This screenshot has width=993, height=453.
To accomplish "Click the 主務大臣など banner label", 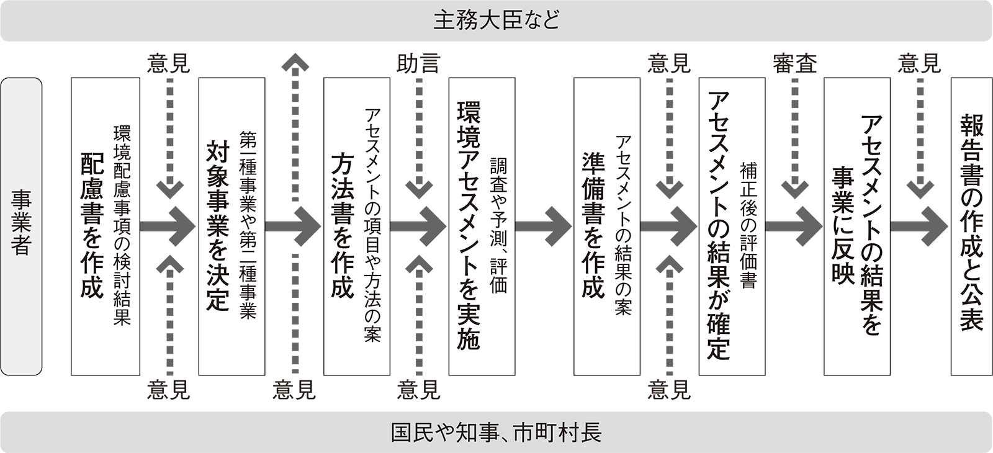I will [496, 20].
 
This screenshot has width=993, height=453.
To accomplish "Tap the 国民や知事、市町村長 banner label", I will [496, 432].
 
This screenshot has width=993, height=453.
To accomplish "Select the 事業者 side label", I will [21, 226].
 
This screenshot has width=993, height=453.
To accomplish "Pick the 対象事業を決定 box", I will [231, 226].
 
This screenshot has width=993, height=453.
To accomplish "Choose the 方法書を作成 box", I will [356, 226].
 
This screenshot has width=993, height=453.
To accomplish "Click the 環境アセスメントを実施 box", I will [482, 226].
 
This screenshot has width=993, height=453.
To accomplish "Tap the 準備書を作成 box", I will [607, 226].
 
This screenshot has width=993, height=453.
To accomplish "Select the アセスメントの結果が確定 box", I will [732, 226].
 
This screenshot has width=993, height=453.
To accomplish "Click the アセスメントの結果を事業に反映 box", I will [856, 226].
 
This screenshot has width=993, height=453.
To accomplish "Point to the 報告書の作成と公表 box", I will [971, 226].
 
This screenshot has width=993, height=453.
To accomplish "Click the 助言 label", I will [418, 63].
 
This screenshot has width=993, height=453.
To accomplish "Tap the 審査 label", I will [794, 63].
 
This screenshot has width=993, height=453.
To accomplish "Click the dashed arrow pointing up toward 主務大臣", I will [295, 130].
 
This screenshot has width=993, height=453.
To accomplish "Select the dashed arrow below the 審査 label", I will [794, 137].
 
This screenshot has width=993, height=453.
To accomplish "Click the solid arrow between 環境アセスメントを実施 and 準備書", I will [542, 227].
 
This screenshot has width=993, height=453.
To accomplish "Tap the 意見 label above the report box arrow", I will [919, 63].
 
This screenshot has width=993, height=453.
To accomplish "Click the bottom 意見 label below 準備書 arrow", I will [668, 390].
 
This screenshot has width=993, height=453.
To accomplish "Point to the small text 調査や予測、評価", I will [498, 226].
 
